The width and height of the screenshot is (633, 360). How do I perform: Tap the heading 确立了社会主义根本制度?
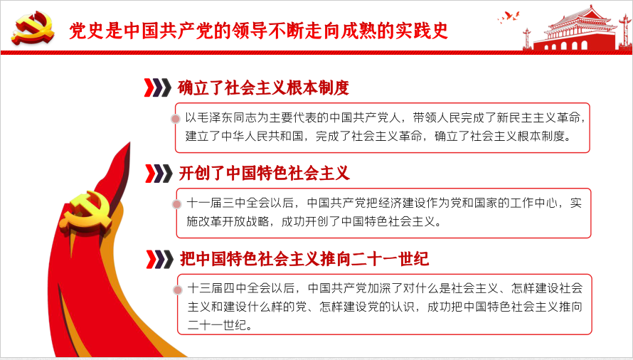click(263, 88)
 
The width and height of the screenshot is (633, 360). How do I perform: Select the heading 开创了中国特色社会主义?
click(264, 173)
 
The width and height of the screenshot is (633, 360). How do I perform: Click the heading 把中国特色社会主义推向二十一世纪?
click(304, 258)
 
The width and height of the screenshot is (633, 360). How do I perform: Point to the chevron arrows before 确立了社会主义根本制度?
click(158, 88)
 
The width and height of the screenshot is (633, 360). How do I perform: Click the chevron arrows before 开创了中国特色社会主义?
click(158, 173)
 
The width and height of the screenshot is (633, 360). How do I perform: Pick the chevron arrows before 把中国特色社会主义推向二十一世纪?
click(158, 258)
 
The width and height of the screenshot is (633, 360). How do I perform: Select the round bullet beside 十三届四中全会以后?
click(177, 290)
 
